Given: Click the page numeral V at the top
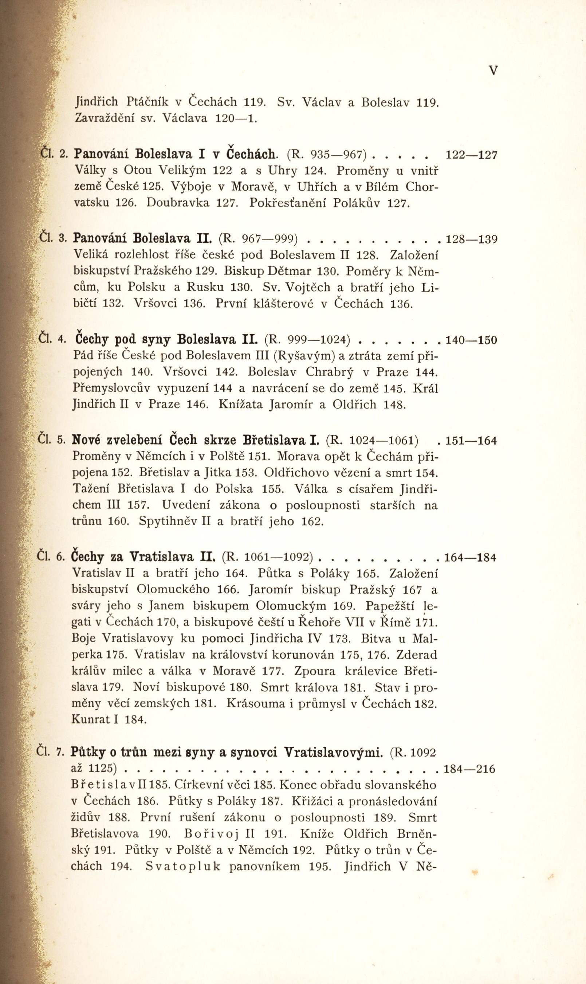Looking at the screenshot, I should click(493, 71).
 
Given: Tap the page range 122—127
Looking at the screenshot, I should click(471, 155).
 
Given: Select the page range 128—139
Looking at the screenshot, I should click(471, 239).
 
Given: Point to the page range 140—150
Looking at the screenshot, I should click(471, 340).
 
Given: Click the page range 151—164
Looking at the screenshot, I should click(471, 441).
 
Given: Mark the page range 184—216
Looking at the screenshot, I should click(469, 769).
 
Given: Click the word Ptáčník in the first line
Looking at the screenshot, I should click(147, 102).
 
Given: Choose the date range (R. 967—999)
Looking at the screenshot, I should click(258, 239).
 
